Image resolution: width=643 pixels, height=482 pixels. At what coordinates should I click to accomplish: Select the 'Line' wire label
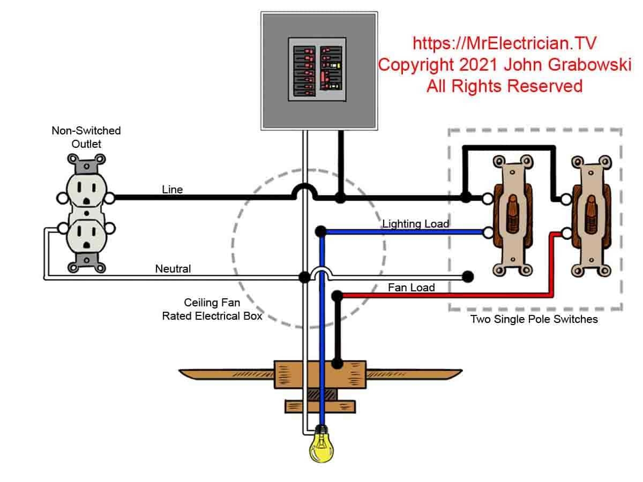[172, 190]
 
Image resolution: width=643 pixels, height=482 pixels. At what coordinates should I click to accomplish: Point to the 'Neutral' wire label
[173, 269]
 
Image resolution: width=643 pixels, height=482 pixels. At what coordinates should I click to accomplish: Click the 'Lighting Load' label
[415, 224]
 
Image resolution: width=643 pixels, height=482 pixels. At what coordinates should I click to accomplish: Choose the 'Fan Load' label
[411, 288]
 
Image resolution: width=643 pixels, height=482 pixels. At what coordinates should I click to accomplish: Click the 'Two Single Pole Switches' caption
[534, 320]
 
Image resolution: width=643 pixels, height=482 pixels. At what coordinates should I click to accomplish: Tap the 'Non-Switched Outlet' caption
[86, 137]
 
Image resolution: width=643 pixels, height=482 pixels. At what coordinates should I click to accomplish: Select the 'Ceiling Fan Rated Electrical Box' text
[212, 310]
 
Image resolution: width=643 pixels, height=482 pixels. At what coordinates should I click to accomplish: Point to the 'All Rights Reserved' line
[504, 86]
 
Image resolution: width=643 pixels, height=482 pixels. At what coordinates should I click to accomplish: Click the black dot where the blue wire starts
[321, 232]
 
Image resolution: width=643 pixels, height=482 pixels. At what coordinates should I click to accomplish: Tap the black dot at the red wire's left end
[337, 296]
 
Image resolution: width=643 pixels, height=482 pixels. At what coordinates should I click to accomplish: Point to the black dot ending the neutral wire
[468, 276]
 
